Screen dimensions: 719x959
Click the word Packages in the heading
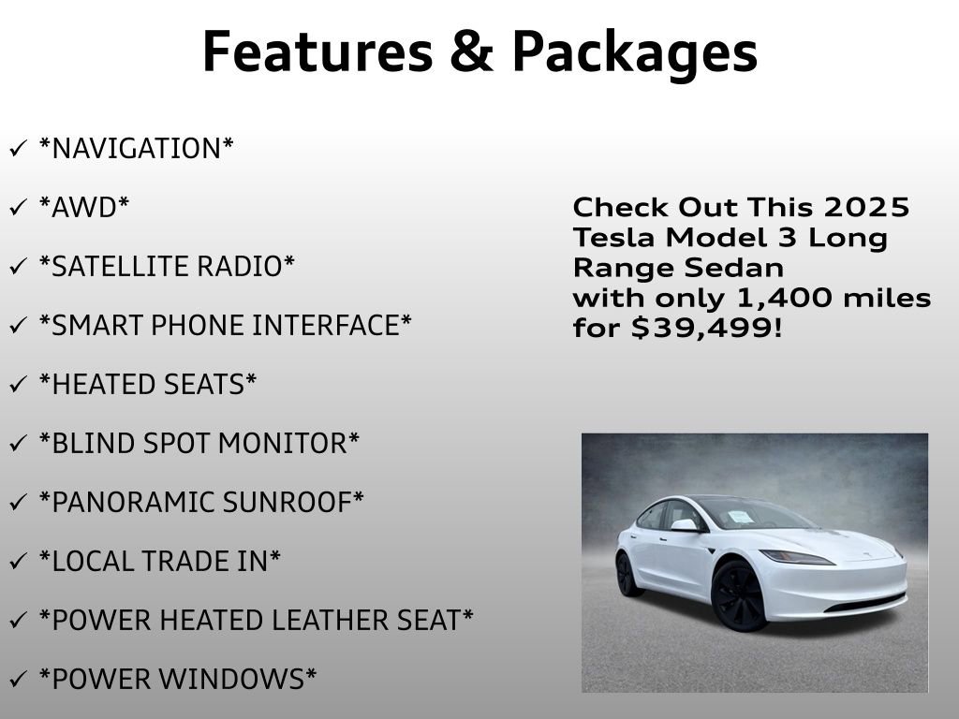click(x=635, y=53)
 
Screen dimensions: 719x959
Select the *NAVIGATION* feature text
click(x=137, y=148)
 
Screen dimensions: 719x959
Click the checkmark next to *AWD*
click(x=18, y=208)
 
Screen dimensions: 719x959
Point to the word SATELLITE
click(x=106, y=267)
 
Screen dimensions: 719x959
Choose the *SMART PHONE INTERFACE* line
click(x=225, y=326)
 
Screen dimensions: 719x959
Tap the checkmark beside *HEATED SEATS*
click(x=18, y=385)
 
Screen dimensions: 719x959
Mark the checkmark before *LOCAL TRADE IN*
click(x=18, y=562)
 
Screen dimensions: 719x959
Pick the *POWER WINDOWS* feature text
click(x=177, y=679)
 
